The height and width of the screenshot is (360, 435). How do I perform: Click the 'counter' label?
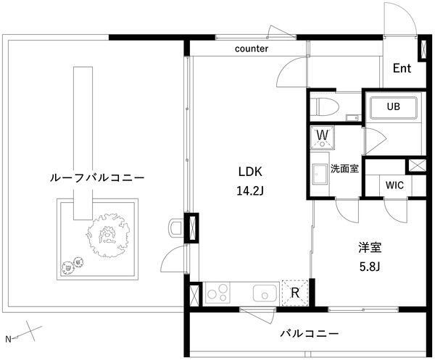tap(252, 49)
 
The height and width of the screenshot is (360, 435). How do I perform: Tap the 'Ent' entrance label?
tap(402, 69)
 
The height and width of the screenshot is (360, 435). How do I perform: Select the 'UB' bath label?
tap(393, 106)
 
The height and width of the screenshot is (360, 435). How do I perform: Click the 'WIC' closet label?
tap(395, 185)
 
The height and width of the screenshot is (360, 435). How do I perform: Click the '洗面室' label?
tap(345, 169)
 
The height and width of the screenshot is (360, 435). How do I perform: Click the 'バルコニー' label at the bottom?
tap(310, 334)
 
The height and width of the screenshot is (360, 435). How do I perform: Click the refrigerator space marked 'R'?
tap(295, 293)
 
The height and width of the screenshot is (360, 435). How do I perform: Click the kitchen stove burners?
tap(217, 293)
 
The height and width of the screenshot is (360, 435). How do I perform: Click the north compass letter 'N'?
tap(9, 339)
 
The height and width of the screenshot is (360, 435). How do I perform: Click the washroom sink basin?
tap(320, 176)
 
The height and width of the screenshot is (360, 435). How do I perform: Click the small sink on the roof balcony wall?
tap(174, 227)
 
